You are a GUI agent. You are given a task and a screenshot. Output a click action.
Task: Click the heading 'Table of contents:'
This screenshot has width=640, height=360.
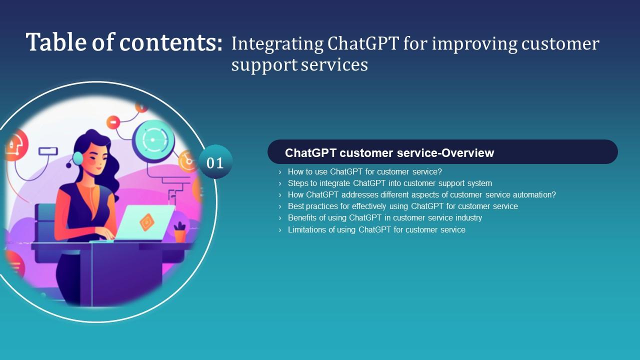(x=124, y=42)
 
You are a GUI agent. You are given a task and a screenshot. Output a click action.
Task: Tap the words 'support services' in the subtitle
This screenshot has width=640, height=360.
(x=299, y=64)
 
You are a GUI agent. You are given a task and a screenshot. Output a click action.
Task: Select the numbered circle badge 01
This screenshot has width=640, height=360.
(x=215, y=162)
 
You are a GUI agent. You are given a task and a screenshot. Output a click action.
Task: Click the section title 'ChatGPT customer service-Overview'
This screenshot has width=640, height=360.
(x=389, y=153)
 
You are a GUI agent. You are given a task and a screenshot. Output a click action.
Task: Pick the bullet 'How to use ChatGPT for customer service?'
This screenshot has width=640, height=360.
(x=364, y=171)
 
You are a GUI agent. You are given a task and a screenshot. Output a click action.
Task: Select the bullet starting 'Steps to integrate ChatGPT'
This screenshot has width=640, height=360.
(x=389, y=183)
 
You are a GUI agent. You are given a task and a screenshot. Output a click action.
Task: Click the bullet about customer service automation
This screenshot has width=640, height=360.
(x=421, y=194)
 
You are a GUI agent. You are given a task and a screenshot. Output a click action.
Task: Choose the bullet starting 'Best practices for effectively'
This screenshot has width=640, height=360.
(x=402, y=206)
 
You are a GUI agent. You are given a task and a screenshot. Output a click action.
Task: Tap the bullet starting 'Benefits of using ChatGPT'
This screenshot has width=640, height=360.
(x=384, y=217)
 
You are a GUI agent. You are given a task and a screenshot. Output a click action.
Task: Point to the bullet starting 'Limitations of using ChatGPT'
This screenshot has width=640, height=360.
(x=376, y=229)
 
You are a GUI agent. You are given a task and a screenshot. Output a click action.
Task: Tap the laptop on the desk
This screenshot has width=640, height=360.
(x=145, y=223)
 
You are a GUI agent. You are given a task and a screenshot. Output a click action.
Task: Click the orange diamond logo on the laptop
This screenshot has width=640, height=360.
(x=146, y=222)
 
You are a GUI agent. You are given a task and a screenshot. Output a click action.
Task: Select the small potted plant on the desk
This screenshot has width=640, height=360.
(x=179, y=232)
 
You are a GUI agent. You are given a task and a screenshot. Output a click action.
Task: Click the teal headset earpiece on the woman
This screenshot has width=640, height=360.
(x=78, y=158)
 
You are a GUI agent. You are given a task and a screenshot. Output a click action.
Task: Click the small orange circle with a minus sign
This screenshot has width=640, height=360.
(x=113, y=122)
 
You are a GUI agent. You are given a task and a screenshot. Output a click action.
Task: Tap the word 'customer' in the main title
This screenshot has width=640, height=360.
(x=560, y=44)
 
